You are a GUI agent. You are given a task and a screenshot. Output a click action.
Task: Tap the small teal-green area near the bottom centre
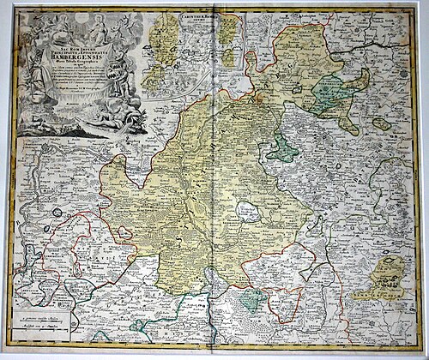click(x=251, y=298)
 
